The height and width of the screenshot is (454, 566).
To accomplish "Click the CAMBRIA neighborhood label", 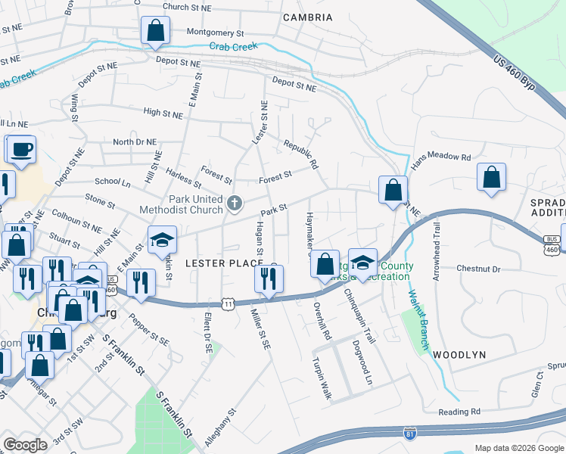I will click(x=307, y=17).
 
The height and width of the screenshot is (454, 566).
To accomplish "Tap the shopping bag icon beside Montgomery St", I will click(x=155, y=31).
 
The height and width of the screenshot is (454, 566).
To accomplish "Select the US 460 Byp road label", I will click(x=514, y=76).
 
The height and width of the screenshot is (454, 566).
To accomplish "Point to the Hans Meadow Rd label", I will click(x=440, y=160).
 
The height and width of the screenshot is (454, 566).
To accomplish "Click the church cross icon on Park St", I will click(x=235, y=203).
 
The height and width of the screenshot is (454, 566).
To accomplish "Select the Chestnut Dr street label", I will click(x=479, y=269).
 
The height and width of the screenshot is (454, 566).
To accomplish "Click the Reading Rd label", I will click(x=459, y=412).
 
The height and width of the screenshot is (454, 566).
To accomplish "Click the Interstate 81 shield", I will click(x=409, y=434).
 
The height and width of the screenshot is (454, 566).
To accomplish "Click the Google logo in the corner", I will click(x=25, y=445).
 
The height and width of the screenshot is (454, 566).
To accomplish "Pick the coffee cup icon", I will click(x=20, y=149).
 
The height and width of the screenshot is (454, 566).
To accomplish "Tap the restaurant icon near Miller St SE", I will click(x=268, y=280).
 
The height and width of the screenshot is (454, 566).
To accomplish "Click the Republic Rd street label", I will click(x=300, y=153).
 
